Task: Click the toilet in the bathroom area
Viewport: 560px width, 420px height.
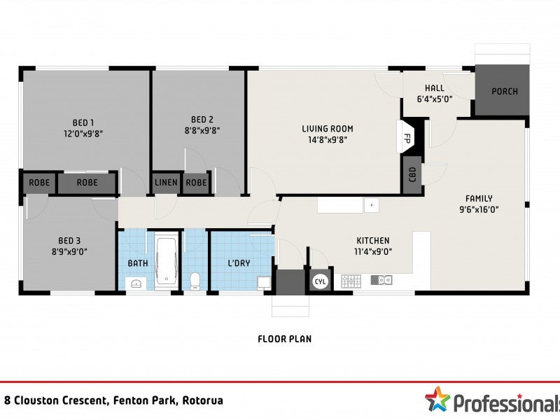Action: click(x=195, y=281)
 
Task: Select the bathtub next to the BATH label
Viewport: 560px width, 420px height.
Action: click(x=167, y=260)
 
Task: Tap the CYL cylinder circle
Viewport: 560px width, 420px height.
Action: click(x=321, y=282)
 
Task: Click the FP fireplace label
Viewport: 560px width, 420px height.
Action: click(x=407, y=138)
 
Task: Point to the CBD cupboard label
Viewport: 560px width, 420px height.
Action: click(x=412, y=174)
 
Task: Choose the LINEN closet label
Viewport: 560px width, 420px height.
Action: click(x=166, y=183)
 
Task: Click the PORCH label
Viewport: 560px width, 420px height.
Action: click(x=505, y=92)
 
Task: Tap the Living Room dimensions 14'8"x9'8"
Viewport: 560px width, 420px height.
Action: click(x=328, y=140)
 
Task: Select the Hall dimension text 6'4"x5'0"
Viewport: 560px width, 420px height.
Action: click(x=435, y=99)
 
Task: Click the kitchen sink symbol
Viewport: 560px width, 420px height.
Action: click(x=381, y=280)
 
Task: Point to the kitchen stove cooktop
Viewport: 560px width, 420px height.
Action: click(x=351, y=281)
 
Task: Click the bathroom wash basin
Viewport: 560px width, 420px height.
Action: click(x=136, y=284)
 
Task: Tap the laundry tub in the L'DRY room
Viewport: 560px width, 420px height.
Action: click(x=264, y=283)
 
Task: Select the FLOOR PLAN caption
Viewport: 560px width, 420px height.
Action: click(x=285, y=339)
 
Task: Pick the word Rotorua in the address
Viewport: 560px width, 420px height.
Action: click(x=202, y=400)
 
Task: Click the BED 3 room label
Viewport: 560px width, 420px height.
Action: click(x=69, y=241)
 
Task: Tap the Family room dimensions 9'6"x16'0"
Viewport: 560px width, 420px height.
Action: click(x=479, y=209)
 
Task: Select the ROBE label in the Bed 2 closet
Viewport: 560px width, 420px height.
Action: click(x=196, y=183)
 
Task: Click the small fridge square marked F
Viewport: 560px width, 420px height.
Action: click(x=372, y=205)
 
